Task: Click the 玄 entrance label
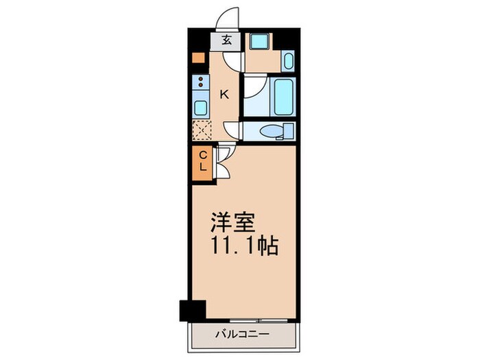click(x=226, y=40)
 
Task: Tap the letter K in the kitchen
click(x=224, y=95)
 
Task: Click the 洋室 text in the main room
click(x=232, y=223)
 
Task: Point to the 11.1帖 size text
click(x=244, y=246)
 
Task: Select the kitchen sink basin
click(x=201, y=107)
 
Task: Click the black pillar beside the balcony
click(x=191, y=310)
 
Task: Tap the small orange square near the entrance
click(x=197, y=58)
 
